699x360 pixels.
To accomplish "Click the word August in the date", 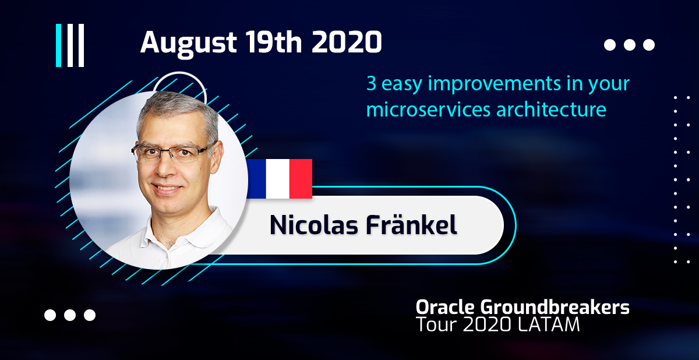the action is tap(189, 44).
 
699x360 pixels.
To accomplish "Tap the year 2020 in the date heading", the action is tap(347, 42).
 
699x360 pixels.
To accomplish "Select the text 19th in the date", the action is tap(274, 42).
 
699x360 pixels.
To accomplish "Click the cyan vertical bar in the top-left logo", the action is tap(58, 45).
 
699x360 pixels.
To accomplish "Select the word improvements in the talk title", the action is tap(495, 84).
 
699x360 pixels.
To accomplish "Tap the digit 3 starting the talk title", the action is tap(372, 83).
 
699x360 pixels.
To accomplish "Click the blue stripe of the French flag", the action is tap(256, 179).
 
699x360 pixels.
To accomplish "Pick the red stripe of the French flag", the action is tap(301, 179).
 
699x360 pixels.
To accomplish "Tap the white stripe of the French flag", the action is tap(278, 179).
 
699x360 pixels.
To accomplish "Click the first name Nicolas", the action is tap(313, 225).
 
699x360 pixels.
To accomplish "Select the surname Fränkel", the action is tap(412, 224).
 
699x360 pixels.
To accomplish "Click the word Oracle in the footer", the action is tap(445, 307).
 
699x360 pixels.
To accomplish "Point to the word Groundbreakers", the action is tap(555, 307).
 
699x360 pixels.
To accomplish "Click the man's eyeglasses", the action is tap(174, 153).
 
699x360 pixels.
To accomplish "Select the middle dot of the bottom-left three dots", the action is tap(70, 315).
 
